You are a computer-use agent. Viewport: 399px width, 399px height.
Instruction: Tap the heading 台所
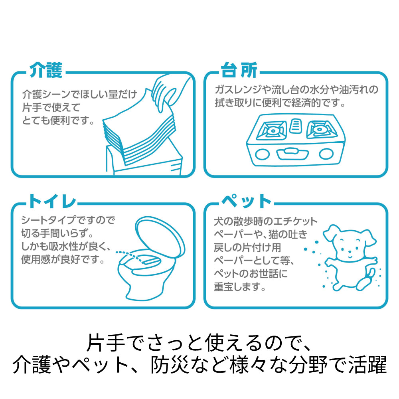pos(239,70)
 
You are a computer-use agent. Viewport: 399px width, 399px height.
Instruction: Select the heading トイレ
pos(52,201)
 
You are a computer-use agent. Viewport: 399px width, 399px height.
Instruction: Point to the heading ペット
pos(246,201)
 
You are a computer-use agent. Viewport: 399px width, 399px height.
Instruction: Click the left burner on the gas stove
pos(272,130)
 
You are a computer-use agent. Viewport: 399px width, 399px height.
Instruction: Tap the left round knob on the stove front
pos(262,154)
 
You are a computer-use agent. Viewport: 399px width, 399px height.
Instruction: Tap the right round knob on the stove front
pos(326,154)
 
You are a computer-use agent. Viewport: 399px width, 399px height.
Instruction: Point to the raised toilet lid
pos(160,235)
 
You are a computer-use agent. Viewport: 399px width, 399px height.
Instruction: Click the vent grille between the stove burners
pos(296,126)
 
